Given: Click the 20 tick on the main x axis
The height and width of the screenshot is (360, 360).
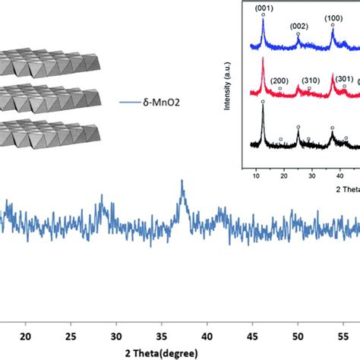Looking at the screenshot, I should coord(27,336).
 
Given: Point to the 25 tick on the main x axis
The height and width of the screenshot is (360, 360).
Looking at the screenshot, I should coord(71,336).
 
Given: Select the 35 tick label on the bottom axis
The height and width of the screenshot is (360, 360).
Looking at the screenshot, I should coord(161,336).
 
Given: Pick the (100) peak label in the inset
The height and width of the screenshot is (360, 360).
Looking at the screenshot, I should coord(333,17).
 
